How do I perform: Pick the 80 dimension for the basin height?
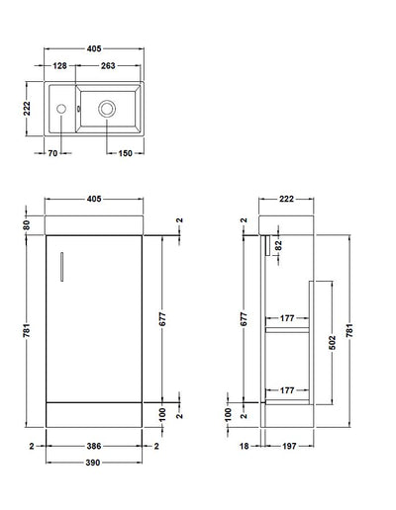coord(30,224)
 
